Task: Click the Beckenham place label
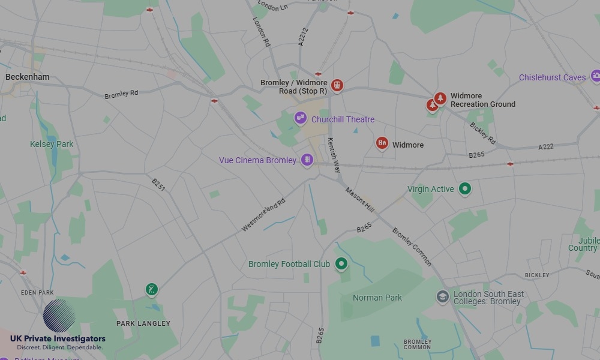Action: (x=28, y=77)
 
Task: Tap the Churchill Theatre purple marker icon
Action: (x=301, y=118)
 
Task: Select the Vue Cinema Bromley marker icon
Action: (x=307, y=160)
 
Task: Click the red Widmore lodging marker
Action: (x=382, y=143)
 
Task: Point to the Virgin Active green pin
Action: (x=464, y=188)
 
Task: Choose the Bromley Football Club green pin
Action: (x=341, y=263)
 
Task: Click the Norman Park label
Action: (x=377, y=298)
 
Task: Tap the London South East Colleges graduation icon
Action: (x=443, y=297)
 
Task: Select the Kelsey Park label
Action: (x=52, y=144)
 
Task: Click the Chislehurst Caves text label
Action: (x=552, y=77)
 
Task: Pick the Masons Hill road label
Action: (x=359, y=199)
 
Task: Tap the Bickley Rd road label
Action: (x=483, y=133)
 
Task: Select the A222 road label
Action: (x=546, y=146)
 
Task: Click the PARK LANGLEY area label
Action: (x=143, y=323)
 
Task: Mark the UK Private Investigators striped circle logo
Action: (x=59, y=316)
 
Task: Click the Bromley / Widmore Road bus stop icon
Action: (x=337, y=86)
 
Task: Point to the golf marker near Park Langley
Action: (x=152, y=290)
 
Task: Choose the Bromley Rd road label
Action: (x=121, y=94)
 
